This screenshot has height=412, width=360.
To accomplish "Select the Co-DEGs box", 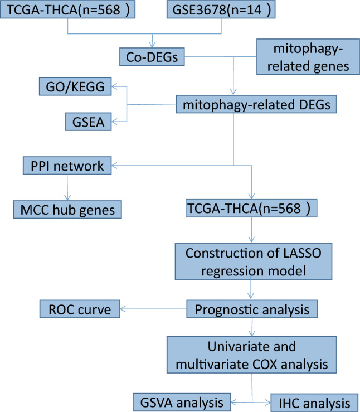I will (151, 56).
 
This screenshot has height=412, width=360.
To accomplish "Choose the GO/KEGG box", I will (75, 86).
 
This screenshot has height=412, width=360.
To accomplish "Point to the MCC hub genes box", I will (67, 210).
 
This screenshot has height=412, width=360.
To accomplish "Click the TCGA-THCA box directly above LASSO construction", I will (254, 210).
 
